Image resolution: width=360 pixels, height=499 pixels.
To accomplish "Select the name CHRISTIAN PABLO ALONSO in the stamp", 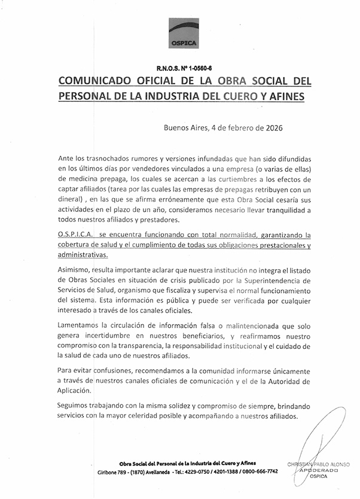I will pyautogui.click(x=320, y=465).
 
